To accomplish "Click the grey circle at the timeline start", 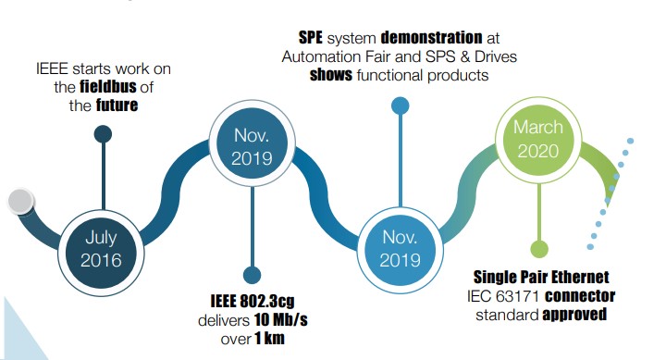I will [x=21, y=200].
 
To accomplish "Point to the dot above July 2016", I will [x=103, y=134].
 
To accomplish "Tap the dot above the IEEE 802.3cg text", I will [x=252, y=274].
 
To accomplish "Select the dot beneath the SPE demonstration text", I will [x=400, y=106].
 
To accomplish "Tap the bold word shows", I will [x=331, y=75].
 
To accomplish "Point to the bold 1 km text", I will [x=266, y=339].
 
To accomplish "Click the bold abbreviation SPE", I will [x=313, y=38].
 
